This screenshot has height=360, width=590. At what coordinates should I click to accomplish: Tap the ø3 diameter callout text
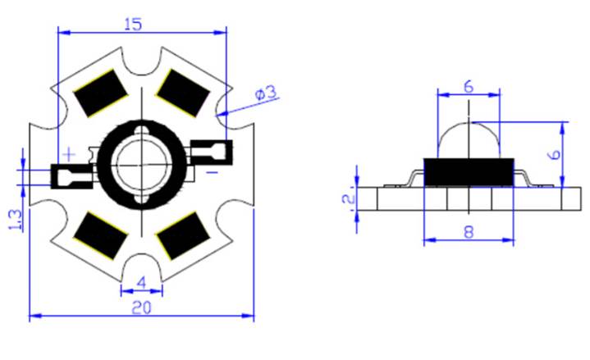click(x=266, y=93)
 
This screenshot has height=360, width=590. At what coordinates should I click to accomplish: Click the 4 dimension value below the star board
click(x=140, y=281)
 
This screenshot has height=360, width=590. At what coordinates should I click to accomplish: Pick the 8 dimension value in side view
click(x=468, y=231)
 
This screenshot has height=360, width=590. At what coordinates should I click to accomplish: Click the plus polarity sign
click(x=70, y=153)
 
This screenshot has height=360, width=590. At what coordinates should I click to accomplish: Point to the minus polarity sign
click(x=212, y=172)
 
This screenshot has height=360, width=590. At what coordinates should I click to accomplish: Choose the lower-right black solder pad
click(x=182, y=236)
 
